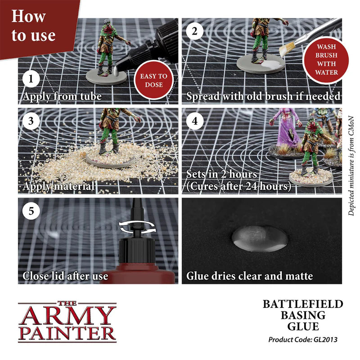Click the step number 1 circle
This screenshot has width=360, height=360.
tap(31, 80)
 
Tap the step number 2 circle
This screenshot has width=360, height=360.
tap(194, 31)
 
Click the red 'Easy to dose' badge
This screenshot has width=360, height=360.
tap(153, 80)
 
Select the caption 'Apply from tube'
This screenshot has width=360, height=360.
tap(62, 96)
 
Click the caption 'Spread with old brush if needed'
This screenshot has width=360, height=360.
tap(263, 96)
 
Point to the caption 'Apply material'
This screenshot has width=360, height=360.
tap(58, 186)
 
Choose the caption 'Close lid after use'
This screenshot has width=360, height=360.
tap(65, 275)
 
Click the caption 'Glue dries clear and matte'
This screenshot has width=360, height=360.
tap(249, 275)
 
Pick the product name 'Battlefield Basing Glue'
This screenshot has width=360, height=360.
tap(302, 315)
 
